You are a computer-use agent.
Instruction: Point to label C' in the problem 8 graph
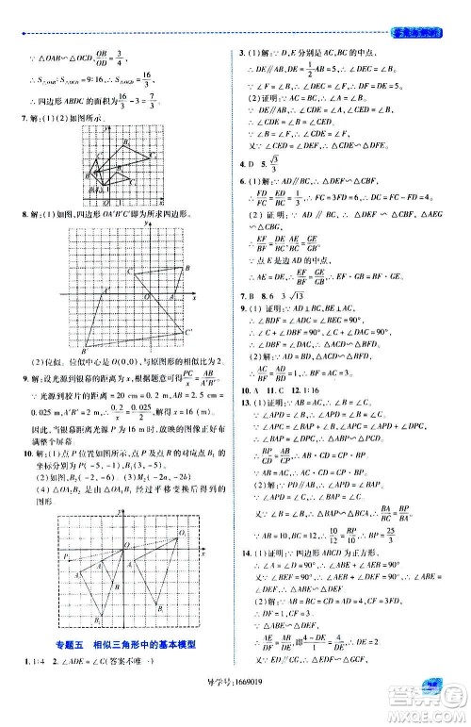point(189,331)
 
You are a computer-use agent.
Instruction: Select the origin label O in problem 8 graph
point(148,295)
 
